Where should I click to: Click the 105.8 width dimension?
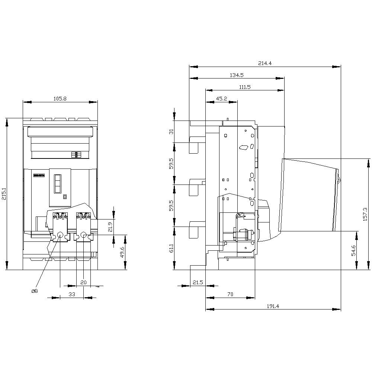coord(60,99)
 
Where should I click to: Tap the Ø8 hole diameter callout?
coord(34,291)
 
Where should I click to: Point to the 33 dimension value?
coord(72,294)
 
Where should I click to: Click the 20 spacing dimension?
coord(83,283)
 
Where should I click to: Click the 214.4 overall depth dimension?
coord(264,64)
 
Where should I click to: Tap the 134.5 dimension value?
coord(237,75)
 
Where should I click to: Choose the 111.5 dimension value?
coord(244,87)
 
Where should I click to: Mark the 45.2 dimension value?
coord(221,99)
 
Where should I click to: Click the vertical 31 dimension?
coord(171,132)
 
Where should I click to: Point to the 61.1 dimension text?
coord(171,248)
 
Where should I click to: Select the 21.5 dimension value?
coord(197,283)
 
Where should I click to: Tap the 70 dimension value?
coord(230,294)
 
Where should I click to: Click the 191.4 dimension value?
coord(273,306)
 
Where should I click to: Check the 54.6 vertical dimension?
coord(353,250)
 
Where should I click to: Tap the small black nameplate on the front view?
coord(39,175)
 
